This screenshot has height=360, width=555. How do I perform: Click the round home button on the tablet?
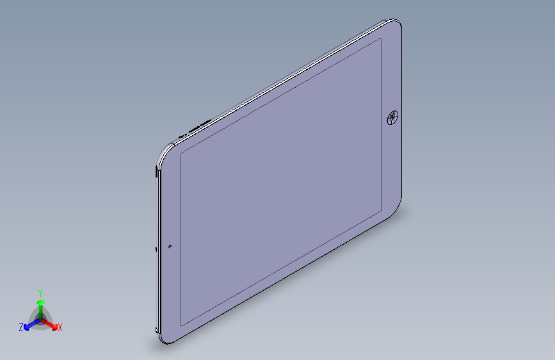pos(392,118)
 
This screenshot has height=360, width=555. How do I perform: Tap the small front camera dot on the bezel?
pos(170,245)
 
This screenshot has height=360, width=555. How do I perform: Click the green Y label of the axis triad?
pos(40,292)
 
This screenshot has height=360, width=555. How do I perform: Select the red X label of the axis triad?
pos(60,328)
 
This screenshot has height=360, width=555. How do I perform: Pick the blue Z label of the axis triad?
pos(21,327)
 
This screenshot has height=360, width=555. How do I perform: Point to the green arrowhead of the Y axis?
pos(40,301)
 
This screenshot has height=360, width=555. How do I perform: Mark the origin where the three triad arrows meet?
pos(40,318)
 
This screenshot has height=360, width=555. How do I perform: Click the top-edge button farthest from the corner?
pos(206,122)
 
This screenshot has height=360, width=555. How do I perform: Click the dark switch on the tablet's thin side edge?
pos(157,171)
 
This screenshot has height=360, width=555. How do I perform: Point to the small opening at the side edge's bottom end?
pos(157,329)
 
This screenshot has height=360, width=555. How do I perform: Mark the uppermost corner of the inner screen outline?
pos(381,38)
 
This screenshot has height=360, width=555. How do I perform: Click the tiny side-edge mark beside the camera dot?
pos(156,249)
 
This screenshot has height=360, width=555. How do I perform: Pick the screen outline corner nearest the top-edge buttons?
pos(181,154)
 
